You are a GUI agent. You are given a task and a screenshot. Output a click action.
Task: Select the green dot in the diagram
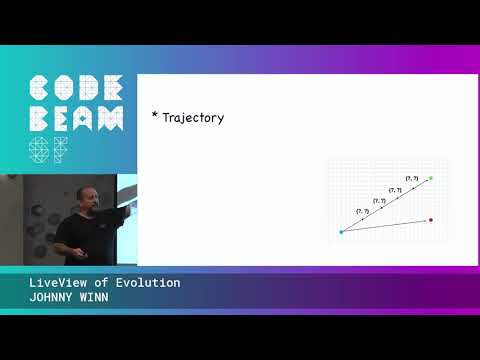(x=430, y=178)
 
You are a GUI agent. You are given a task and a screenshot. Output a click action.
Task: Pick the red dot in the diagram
(x=430, y=219)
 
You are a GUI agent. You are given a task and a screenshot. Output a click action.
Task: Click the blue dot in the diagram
(x=341, y=232)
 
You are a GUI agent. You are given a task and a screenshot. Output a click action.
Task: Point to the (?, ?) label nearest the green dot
(x=411, y=178)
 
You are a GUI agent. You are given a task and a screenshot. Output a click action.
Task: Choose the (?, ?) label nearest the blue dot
(x=362, y=211)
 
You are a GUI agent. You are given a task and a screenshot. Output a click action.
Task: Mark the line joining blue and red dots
(x=385, y=226)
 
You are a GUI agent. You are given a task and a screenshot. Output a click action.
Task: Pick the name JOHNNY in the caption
(x=50, y=297)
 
